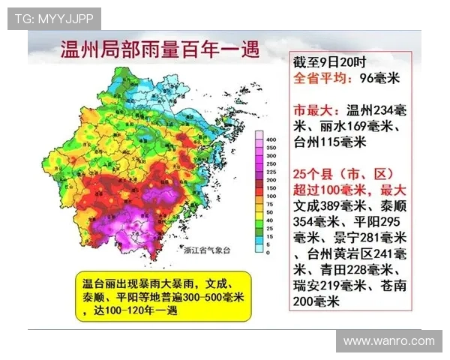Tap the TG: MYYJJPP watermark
54,19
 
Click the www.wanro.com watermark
388,341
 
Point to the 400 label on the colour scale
271,139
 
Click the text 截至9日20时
324,61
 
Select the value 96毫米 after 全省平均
381,77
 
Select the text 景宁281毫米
370,237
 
